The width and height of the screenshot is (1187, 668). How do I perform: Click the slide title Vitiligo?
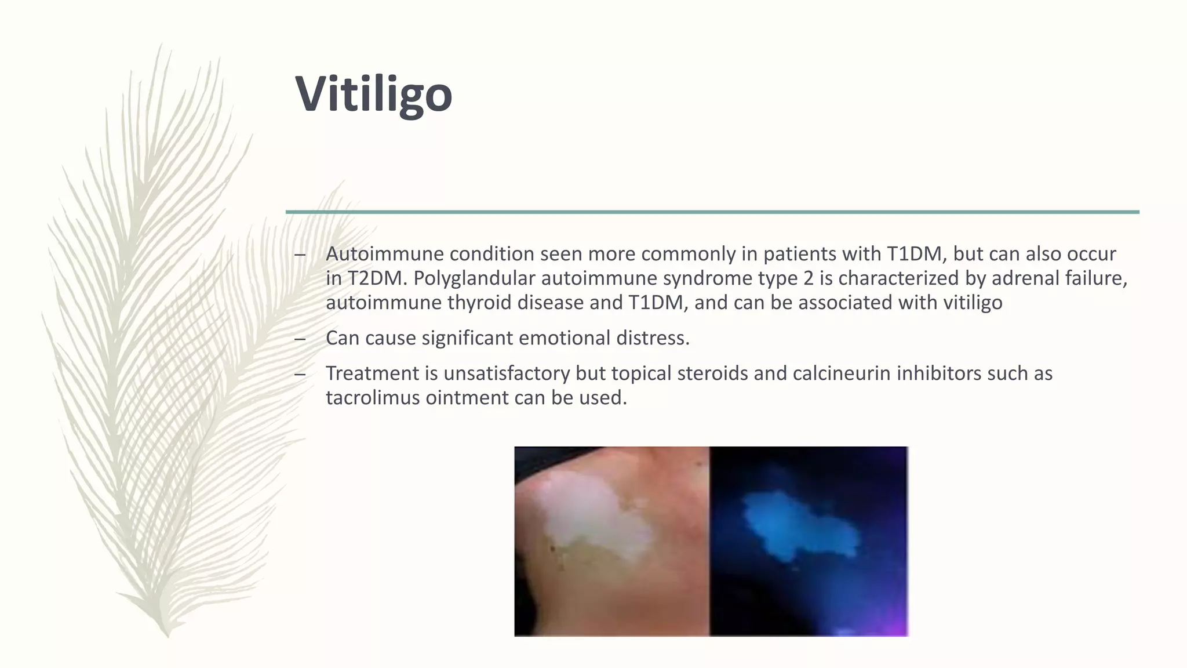click(x=373, y=94)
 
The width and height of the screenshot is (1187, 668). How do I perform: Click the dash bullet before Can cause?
click(x=300, y=339)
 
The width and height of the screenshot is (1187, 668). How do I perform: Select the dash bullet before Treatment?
click(x=300, y=374)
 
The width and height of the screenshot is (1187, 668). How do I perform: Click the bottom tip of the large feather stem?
click(x=168, y=635)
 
